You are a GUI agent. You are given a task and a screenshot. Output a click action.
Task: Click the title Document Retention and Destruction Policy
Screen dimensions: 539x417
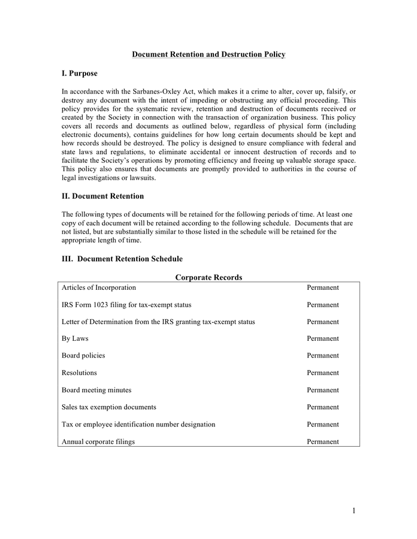coord(208,54)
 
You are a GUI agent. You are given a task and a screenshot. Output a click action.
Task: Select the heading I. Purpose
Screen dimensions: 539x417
coord(79,74)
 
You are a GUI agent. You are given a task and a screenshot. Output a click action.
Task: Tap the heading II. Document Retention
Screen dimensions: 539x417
coord(102,196)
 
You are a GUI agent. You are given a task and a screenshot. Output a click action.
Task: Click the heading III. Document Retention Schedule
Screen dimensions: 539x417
coord(122,259)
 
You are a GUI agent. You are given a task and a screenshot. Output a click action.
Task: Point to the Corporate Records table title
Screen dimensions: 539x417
coord(208,277)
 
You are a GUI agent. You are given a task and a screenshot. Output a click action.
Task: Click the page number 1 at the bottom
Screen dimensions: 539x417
coord(354,510)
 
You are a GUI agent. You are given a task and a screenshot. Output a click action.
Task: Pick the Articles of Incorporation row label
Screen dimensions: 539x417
coord(99,287)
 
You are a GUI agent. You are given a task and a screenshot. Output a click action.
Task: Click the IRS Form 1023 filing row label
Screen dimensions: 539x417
coord(126,305)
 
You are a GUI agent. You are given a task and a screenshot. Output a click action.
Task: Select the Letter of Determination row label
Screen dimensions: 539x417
coord(158,322)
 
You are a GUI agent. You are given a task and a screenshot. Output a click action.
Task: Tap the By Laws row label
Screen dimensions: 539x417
coord(75,338)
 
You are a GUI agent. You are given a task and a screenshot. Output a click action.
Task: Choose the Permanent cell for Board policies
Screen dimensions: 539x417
coord(323,356)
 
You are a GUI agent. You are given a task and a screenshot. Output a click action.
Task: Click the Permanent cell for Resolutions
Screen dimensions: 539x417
coord(323,373)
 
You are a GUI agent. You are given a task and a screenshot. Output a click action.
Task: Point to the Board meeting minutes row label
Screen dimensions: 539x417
coord(96,390)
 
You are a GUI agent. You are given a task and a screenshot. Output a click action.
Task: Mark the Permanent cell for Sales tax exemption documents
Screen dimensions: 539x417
coord(323,407)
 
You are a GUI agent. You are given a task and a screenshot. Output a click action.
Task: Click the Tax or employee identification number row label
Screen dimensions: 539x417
coord(138,424)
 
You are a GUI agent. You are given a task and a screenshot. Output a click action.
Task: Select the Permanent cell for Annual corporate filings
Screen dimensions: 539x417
coord(323,441)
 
